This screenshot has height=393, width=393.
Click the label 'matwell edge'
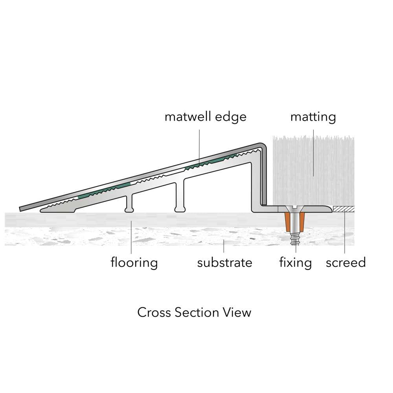205,117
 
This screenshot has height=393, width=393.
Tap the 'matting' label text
313,117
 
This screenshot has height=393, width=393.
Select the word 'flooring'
134,263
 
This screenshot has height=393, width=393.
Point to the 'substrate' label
224,263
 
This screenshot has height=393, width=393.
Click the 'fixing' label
296,263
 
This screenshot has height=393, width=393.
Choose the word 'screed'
345,263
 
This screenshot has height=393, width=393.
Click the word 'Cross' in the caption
154,312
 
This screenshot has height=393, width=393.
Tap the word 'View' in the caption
239,312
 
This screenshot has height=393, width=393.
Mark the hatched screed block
343,209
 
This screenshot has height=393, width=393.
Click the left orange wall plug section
288,222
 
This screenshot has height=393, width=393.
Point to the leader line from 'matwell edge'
200,147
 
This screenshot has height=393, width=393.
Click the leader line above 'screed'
345,232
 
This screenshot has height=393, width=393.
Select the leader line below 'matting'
313,153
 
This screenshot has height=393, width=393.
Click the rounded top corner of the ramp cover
263,146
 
